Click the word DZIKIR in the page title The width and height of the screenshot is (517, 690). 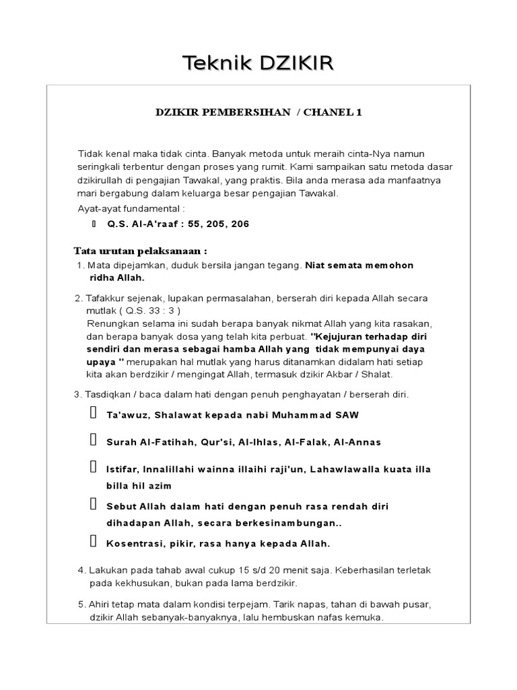tap(294, 64)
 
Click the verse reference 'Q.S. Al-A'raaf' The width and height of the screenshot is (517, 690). tap(140, 224)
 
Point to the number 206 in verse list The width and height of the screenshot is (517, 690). tap(240, 224)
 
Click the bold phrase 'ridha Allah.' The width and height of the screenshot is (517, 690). tap(116, 278)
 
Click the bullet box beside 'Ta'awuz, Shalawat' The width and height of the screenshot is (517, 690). tap(92, 414)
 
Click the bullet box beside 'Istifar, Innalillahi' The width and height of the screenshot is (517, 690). tap(92, 467)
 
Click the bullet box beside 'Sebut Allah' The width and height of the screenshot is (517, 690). tap(92, 505)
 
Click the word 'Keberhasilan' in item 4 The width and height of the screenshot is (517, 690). tap(344, 570)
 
